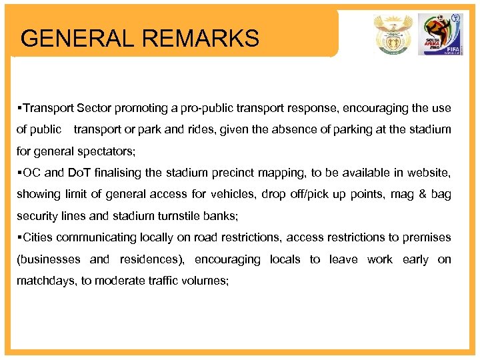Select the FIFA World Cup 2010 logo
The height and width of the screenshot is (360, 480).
click(439, 34)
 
